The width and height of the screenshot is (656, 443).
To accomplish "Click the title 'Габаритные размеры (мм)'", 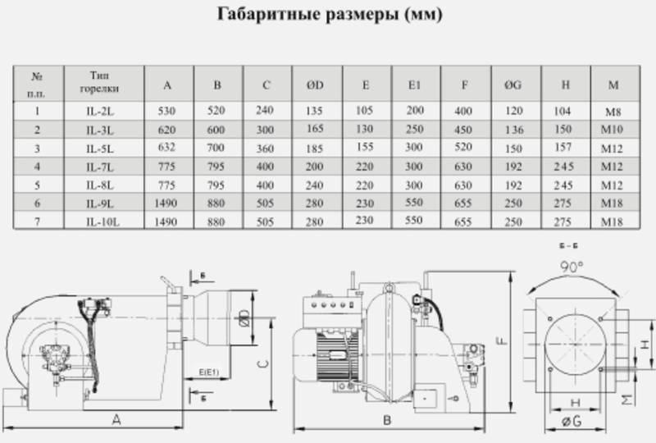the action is [330, 15].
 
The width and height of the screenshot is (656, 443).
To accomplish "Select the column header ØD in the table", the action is [315, 85].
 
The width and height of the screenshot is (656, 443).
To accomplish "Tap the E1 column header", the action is [414, 85].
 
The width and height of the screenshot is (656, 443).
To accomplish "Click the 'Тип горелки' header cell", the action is [99, 82].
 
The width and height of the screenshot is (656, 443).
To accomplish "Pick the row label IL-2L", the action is [100, 112].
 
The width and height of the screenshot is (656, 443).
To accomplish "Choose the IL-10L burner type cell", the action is [102, 221].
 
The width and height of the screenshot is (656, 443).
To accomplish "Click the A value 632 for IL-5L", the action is [166, 148].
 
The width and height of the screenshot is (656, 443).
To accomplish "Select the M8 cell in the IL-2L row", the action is [613, 112].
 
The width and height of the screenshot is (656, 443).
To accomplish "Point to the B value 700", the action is [216, 148].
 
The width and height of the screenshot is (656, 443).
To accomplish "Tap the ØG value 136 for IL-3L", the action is [514, 130].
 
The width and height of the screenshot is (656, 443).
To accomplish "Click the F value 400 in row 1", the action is [463, 111].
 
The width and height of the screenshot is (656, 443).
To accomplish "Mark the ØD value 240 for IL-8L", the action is [314, 185].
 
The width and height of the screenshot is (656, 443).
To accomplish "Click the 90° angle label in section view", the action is [572, 267].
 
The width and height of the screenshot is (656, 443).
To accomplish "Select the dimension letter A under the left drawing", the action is [116, 419].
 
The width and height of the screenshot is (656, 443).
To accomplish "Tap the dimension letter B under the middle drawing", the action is [387, 420].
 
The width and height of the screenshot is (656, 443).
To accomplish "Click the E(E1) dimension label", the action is [208, 372].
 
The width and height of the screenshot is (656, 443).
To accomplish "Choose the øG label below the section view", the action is [572, 421].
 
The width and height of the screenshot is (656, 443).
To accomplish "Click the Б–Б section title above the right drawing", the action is [568, 246].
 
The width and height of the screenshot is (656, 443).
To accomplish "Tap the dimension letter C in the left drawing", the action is [262, 363].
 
